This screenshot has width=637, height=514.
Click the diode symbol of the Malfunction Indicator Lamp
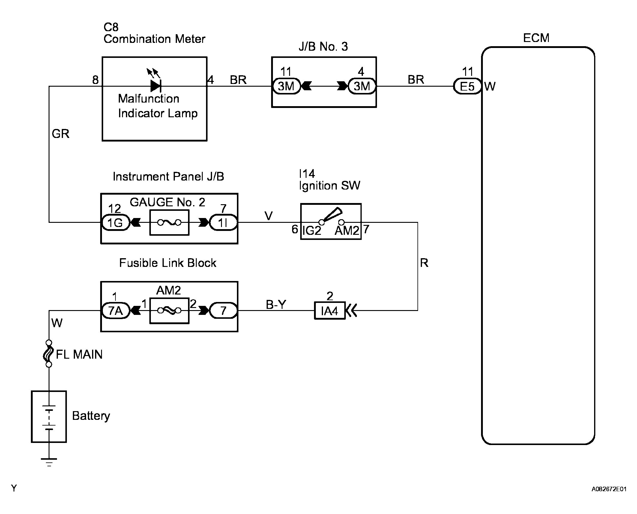pos(156,86)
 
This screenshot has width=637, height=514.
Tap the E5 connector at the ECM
pos(467,86)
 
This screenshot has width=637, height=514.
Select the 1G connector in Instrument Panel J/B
pos(115,223)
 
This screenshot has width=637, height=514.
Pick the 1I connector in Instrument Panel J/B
pos(223,223)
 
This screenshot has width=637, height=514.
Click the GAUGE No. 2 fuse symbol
pos(169,223)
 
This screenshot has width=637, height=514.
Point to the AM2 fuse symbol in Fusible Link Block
pos(169,311)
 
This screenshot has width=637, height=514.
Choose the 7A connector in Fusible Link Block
pos(115,311)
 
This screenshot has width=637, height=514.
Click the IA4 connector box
pos(330,311)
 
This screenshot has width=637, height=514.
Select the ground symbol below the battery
pos(49,462)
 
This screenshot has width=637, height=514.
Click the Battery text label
pos(91,416)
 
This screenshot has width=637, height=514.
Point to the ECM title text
pos(536,38)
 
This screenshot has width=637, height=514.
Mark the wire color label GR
pos(60,134)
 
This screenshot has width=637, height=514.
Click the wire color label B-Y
pos(276,305)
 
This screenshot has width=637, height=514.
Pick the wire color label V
pos(268,216)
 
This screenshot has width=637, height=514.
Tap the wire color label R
pos(424,263)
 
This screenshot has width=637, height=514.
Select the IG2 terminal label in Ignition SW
pos(312,231)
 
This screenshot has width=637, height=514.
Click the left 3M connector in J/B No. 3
pos(286,86)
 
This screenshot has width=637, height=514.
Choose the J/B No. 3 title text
pos(323,46)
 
